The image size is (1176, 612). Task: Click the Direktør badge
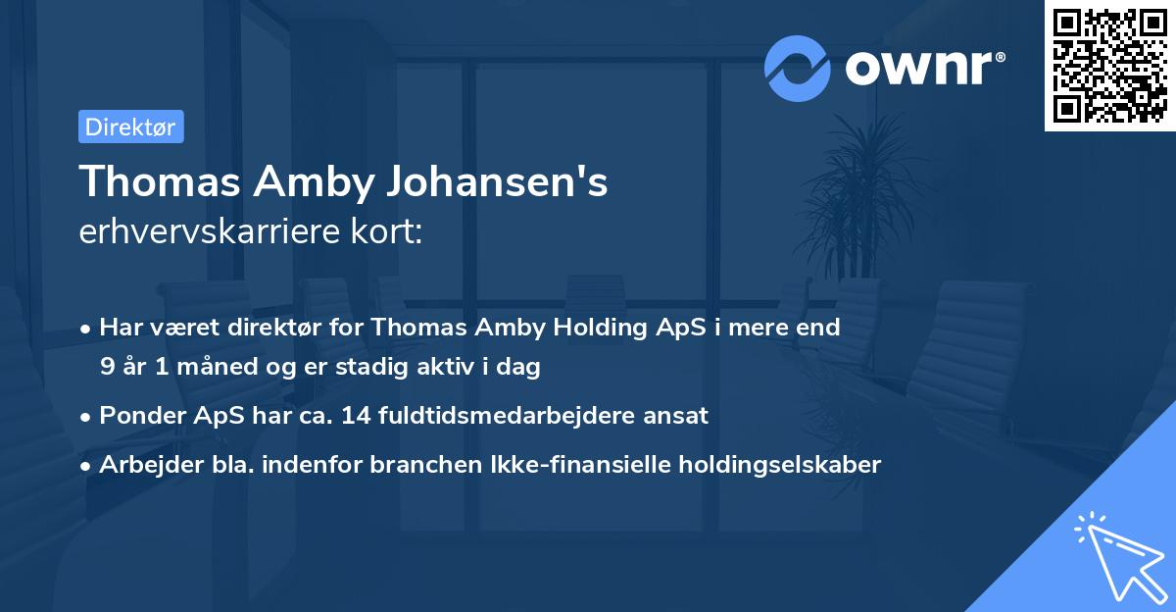click(x=130, y=127)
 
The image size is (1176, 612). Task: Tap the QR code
click(x=1109, y=66)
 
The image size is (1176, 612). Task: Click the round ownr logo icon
click(x=798, y=68)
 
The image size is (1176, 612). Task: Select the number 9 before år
click(x=106, y=368)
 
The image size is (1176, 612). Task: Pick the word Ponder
click(x=141, y=416)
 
